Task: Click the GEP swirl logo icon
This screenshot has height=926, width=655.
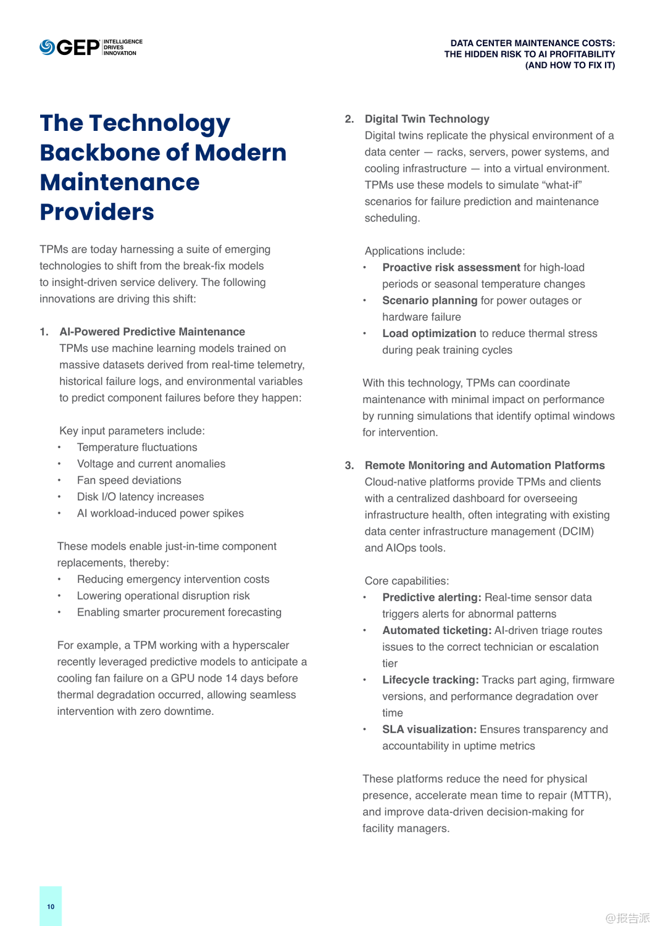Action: point(48,48)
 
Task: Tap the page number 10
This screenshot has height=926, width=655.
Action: point(51,906)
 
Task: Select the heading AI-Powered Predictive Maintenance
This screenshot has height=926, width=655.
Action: point(152,332)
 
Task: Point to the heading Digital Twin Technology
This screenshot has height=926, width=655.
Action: point(427,119)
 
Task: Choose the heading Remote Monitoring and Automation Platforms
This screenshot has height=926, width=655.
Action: point(484,465)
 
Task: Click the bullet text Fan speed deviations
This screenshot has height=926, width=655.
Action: point(129,480)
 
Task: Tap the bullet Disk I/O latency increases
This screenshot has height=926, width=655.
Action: point(140,496)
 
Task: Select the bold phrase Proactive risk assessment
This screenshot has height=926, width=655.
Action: point(451,267)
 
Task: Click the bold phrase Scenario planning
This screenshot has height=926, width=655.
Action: point(429,300)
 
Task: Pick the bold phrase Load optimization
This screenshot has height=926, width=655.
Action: point(428,333)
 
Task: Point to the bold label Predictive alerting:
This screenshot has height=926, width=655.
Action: point(431,597)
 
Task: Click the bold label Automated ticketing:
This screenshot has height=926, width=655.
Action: point(436,630)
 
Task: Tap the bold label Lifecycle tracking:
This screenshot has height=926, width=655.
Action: point(430,680)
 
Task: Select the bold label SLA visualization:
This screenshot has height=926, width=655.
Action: point(429,729)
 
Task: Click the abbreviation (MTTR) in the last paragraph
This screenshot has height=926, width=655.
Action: point(590,795)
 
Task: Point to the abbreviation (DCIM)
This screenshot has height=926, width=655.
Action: point(576,531)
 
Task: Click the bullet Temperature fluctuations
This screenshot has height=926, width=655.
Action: point(137,447)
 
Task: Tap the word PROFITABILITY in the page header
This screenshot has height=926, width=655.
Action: point(582,54)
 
